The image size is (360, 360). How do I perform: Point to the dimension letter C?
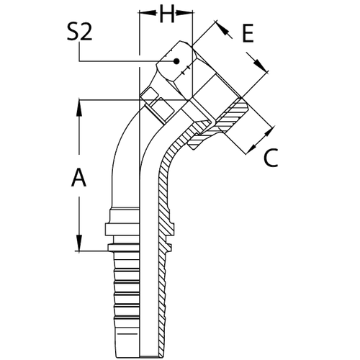pyautogui.click(x=270, y=158)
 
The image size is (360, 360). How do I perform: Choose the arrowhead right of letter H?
pyautogui.click(x=189, y=13)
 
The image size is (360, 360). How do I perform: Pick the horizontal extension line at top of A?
pyautogui.click(x=108, y=98)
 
